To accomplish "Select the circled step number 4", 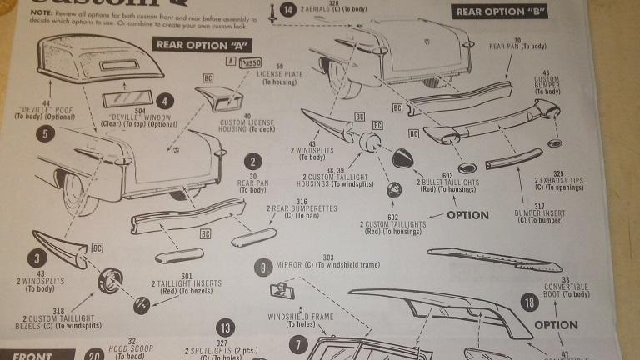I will click(x=167, y=102).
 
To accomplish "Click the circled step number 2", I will click(x=252, y=163).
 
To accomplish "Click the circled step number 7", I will click(x=298, y=343).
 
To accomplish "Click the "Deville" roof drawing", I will click(x=87, y=66).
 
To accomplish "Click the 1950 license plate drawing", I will click(x=248, y=63).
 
